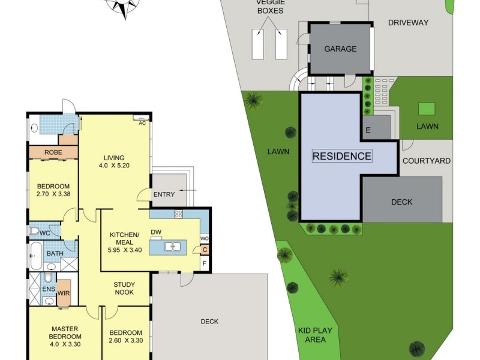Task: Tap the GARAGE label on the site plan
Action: pyautogui.click(x=340, y=49)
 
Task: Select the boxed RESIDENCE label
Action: pyautogui.click(x=342, y=156)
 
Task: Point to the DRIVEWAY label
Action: pyautogui.click(x=408, y=23)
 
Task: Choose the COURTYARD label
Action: pyautogui.click(x=426, y=161)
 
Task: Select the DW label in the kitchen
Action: pyautogui.click(x=155, y=232)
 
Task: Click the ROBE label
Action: pyautogui.click(x=53, y=152)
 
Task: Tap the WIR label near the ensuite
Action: pyautogui.click(x=64, y=293)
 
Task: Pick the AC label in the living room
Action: pyautogui.click(x=142, y=123)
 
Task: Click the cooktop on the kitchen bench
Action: pyautogui.click(x=178, y=214)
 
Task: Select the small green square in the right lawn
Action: pyautogui.click(x=427, y=109)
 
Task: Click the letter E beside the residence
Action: pyautogui.click(x=367, y=130)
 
